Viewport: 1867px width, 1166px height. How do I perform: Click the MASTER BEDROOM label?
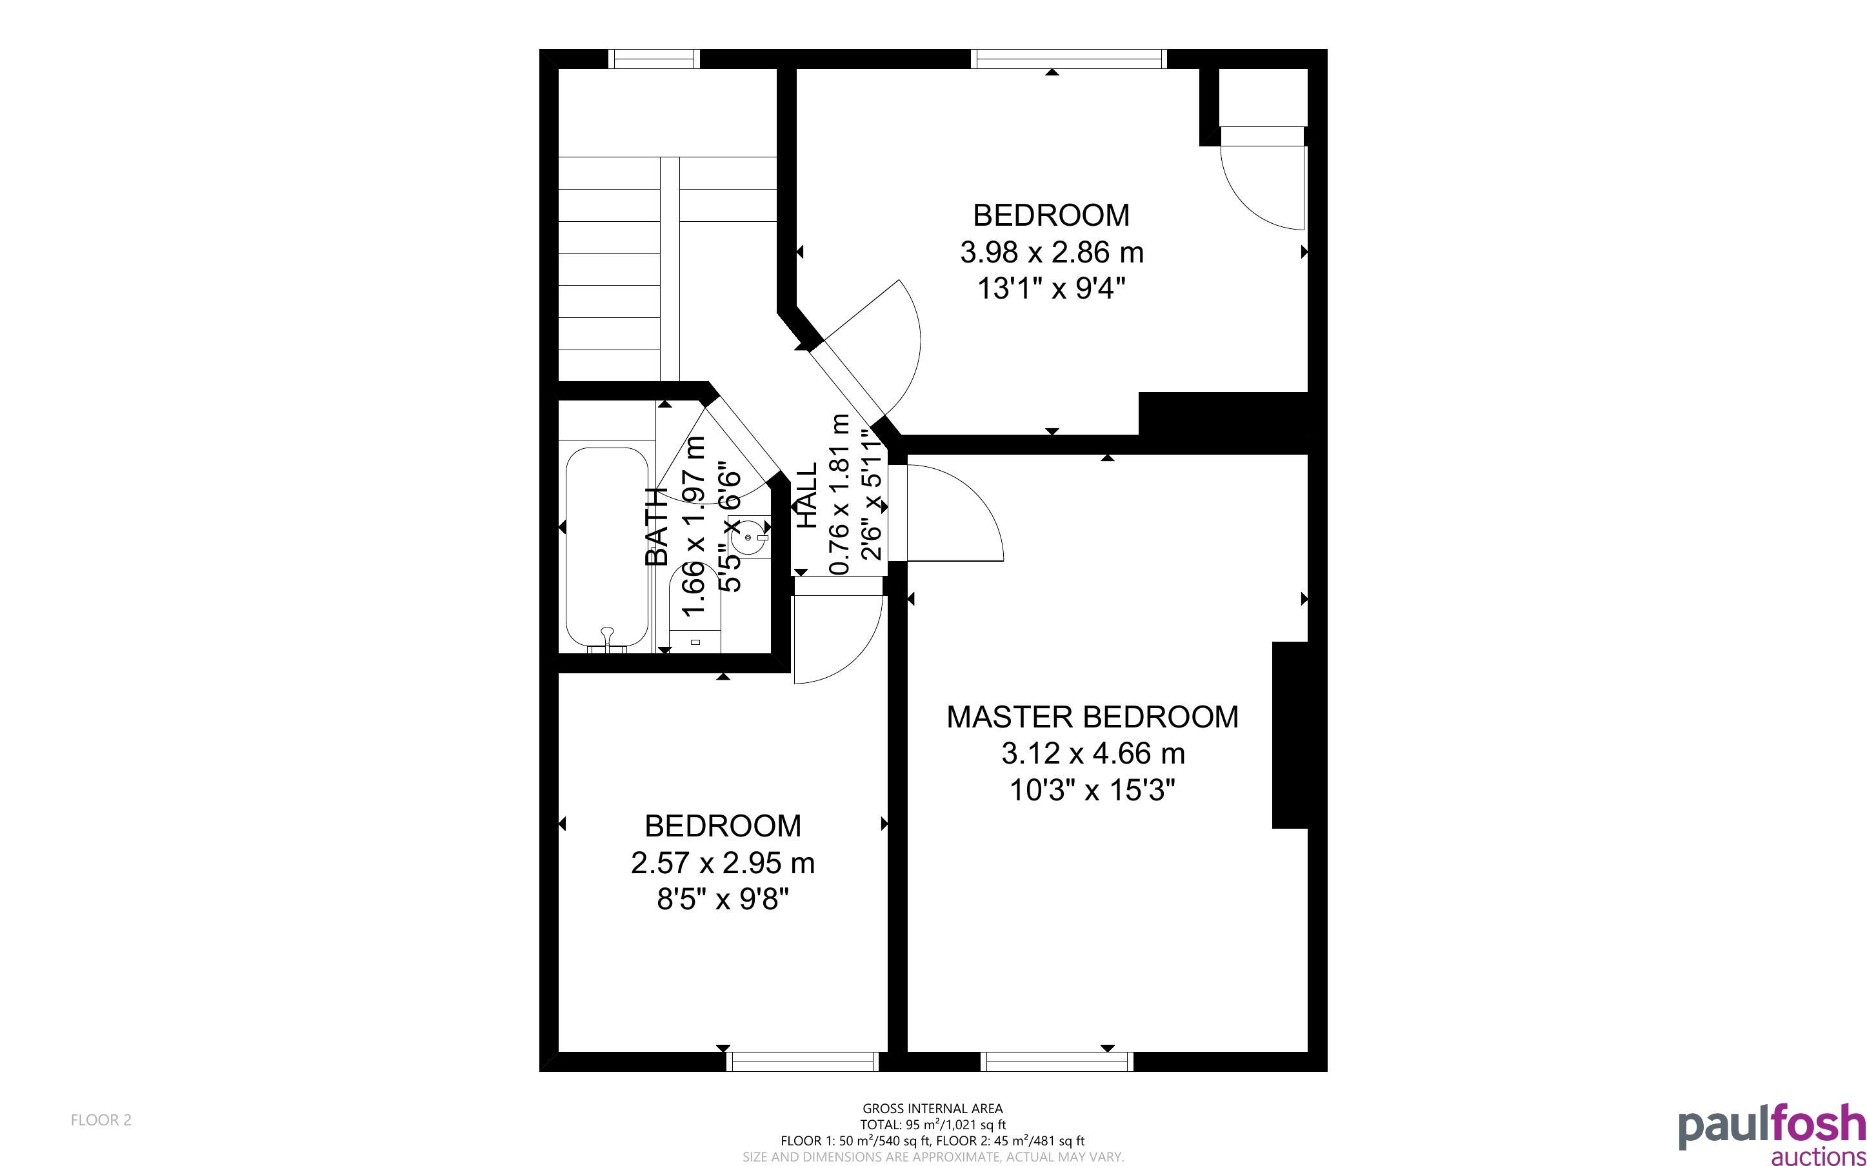pyautogui.click(x=1092, y=717)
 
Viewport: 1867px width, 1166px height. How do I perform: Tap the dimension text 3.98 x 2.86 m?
pyautogui.click(x=1051, y=252)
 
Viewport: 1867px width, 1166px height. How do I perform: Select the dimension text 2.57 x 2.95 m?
pyautogui.click(x=723, y=863)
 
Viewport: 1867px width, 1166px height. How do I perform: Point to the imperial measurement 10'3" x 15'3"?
pyautogui.click(x=1092, y=791)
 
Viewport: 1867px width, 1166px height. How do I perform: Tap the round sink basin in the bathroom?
pyautogui.click(x=749, y=537)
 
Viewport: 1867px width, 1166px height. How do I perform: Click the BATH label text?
pyautogui.click(x=656, y=527)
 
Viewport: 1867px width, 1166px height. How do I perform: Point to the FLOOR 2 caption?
pyautogui.click(x=101, y=1120)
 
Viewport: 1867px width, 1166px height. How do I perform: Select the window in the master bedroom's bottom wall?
pyautogui.click(x=1057, y=1062)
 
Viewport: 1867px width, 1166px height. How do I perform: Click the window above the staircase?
pyautogui.click(x=654, y=59)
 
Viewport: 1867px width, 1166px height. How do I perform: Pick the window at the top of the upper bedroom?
pyautogui.click(x=1069, y=59)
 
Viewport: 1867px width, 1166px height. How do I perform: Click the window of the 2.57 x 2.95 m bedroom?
pyautogui.click(x=803, y=1062)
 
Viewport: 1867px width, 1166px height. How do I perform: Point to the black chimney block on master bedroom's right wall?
pyautogui.click(x=1290, y=735)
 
